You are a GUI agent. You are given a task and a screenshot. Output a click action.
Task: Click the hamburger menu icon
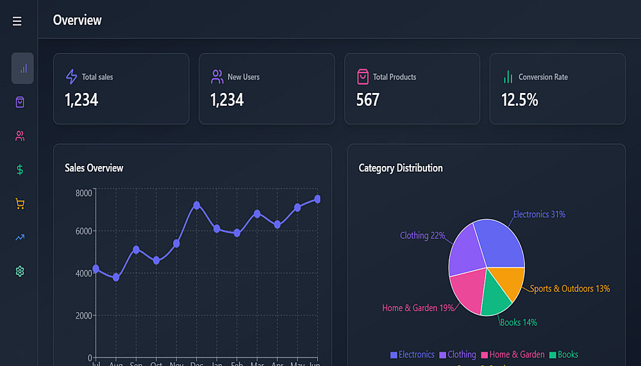pyautogui.click(x=17, y=22)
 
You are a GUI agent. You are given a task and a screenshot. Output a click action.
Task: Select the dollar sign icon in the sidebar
pyautogui.click(x=20, y=170)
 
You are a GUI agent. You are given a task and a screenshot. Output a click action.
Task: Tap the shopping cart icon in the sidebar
pyautogui.click(x=20, y=204)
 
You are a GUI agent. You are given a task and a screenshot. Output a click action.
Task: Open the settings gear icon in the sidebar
pyautogui.click(x=20, y=272)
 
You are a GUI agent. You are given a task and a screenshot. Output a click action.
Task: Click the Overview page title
pyautogui.click(x=78, y=21)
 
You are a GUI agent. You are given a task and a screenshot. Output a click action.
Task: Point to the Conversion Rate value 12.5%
pyautogui.click(x=519, y=100)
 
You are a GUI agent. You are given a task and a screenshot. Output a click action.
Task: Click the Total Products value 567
pyautogui.click(x=368, y=100)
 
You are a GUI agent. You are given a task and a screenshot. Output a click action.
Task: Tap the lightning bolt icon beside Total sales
pyautogui.click(x=72, y=77)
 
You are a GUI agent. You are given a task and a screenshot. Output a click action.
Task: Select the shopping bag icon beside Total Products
pyautogui.click(x=363, y=77)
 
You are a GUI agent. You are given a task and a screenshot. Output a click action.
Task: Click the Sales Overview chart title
pyautogui.click(x=94, y=168)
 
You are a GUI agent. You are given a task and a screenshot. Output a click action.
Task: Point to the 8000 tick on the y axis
pyautogui.click(x=84, y=193)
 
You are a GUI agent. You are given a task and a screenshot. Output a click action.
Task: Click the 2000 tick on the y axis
pyautogui.click(x=84, y=315)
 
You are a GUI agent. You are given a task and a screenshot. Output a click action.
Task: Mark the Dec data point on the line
pyautogui.click(x=197, y=205)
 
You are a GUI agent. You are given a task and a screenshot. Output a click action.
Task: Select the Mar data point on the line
pyautogui.click(x=257, y=214)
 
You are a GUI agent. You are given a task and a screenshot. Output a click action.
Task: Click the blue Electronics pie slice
pyautogui.click(x=500, y=244)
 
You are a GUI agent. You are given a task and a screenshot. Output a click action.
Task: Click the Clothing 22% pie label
pyautogui.click(x=422, y=235)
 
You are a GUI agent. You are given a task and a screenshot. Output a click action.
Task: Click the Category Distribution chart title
pyautogui.click(x=401, y=168)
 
